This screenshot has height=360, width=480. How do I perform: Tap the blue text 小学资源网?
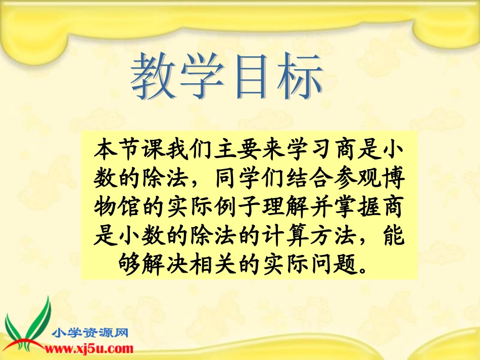pyautogui.click(x=91, y=333)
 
